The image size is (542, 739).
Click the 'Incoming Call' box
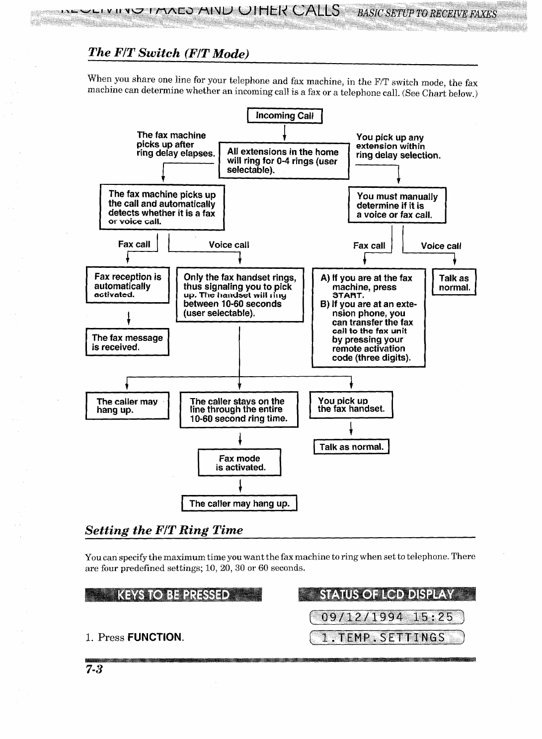point(285,116)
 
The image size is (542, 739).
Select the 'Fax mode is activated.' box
point(240,463)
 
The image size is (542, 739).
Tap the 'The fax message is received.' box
point(127,342)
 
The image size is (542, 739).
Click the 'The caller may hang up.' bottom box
point(239,503)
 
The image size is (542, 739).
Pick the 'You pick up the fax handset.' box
point(351,405)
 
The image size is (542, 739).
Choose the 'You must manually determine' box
point(397,205)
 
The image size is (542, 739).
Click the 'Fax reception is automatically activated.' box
point(128,285)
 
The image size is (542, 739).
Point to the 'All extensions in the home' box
point(284,161)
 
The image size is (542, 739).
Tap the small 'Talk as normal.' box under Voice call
point(454,283)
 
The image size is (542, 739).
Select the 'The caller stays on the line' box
point(239,410)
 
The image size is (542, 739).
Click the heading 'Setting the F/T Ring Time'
point(164,530)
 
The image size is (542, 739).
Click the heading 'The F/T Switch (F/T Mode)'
point(168,53)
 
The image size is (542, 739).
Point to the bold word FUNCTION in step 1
point(155,637)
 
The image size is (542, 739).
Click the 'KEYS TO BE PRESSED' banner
point(173,595)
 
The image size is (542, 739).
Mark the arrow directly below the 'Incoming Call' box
point(284,132)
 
